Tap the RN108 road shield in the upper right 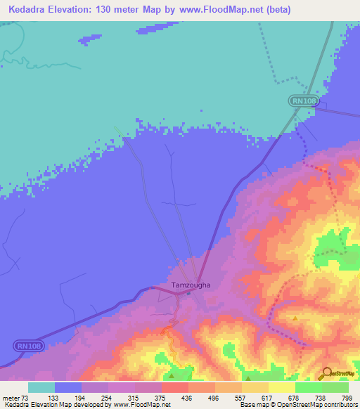click(x=304, y=102)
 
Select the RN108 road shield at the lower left click(x=27, y=346)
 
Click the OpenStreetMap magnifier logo click(x=326, y=374)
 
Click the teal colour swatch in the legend click(x=41, y=388)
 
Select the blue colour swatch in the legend click(x=68, y=388)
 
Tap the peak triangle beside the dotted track click(x=296, y=318)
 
